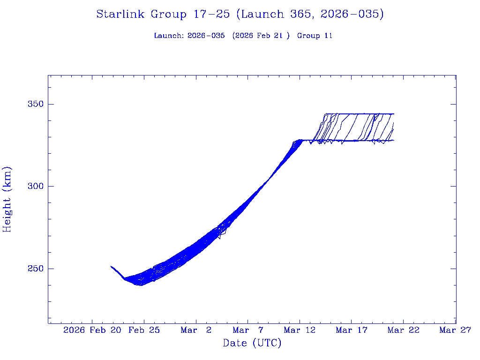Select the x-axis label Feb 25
click(144, 330)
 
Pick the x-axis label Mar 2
click(196, 330)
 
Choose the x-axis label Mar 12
click(300, 330)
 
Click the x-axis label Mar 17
click(352, 330)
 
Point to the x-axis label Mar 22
click(404, 330)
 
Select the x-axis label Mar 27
click(455, 330)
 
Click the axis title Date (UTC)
click(252, 344)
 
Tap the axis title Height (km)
click(7, 199)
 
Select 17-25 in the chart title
click(211, 15)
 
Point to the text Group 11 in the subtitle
click(315, 36)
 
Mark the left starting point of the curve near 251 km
click(111, 266)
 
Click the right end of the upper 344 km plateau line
click(394, 114)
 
